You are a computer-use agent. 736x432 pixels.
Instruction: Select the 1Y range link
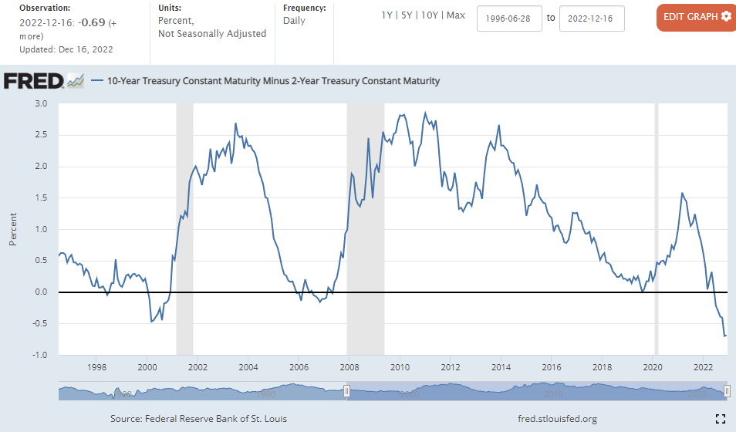click(387, 15)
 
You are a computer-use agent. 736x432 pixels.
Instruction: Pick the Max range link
click(456, 15)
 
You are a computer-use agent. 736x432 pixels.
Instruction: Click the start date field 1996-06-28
click(509, 19)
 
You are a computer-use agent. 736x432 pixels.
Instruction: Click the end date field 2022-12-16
click(592, 19)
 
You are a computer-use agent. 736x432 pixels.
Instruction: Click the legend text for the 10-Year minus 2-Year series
click(273, 80)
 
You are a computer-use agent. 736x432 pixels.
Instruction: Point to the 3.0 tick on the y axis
click(41, 103)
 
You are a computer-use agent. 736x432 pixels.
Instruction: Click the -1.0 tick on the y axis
click(39, 355)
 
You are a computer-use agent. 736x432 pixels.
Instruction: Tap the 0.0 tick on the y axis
click(41, 292)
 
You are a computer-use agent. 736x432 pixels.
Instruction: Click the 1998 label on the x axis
click(96, 367)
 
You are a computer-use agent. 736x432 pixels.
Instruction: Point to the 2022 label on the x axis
click(703, 367)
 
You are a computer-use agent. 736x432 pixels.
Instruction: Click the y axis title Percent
click(13, 229)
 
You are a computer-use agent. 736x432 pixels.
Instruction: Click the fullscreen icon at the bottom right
click(720, 419)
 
